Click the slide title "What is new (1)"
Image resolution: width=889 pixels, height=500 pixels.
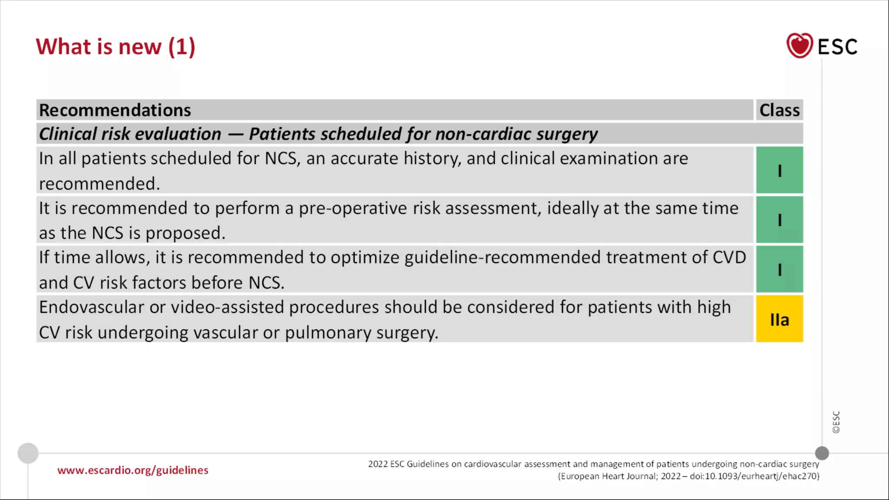coord(115,47)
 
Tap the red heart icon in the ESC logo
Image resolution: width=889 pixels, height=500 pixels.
coord(799,46)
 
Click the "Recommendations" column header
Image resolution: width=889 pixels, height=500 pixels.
coord(115,110)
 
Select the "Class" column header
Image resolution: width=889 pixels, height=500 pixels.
coord(779,110)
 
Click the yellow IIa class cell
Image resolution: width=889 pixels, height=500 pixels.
coord(779,319)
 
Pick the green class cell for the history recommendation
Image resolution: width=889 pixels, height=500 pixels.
coord(779,170)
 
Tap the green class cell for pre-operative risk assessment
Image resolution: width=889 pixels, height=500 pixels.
coord(779,220)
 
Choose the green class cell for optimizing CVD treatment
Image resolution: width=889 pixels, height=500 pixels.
coord(779,269)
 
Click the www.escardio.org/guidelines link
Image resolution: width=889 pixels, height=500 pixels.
coord(133,470)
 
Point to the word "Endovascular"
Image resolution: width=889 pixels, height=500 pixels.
coord(92,307)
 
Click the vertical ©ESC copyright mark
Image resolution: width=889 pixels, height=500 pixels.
coord(836,422)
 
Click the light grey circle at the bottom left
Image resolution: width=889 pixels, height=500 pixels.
coord(28,453)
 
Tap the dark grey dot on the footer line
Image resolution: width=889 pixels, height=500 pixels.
coord(822,453)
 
